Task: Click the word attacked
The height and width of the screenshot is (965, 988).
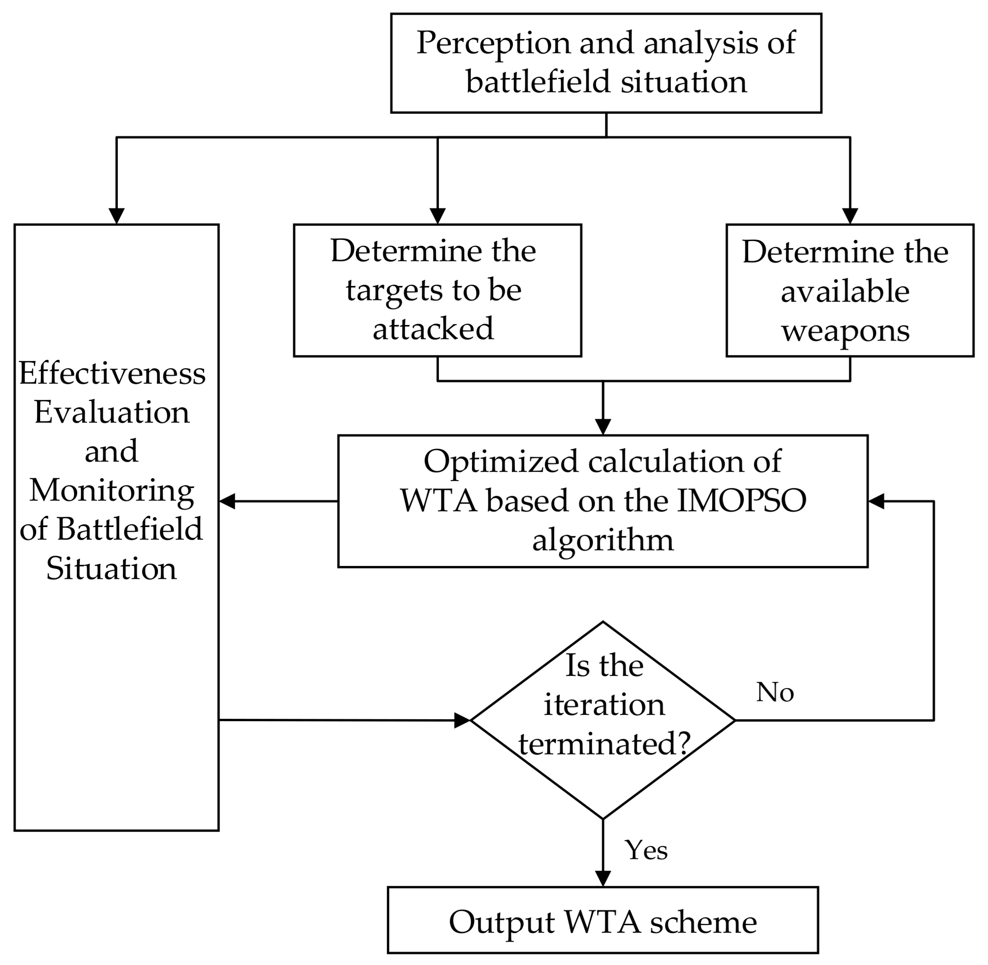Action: pos(433,329)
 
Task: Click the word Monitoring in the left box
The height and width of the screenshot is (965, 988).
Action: pos(111,490)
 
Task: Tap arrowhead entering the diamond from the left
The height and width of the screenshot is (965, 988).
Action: pos(462,720)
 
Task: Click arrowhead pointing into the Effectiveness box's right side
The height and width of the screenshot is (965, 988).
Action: pos(228,501)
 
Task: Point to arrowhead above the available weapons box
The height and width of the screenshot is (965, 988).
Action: pos(850,216)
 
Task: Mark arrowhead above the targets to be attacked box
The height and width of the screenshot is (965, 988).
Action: pos(437,216)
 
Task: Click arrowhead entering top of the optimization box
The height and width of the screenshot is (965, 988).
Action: pos(603,426)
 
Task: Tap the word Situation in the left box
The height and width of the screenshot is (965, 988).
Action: pos(111,569)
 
